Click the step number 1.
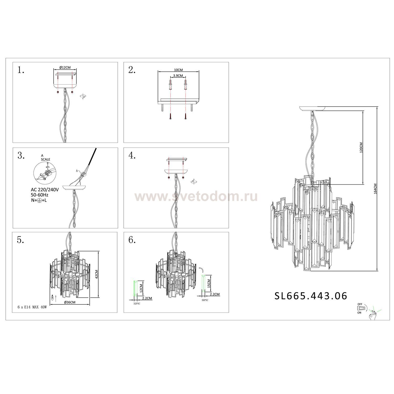[x=21, y=70]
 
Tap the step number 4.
[x=132, y=156]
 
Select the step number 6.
[x=132, y=240]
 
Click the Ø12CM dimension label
[x=65, y=67]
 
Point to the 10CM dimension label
[x=178, y=70]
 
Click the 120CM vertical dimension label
[x=361, y=148]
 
